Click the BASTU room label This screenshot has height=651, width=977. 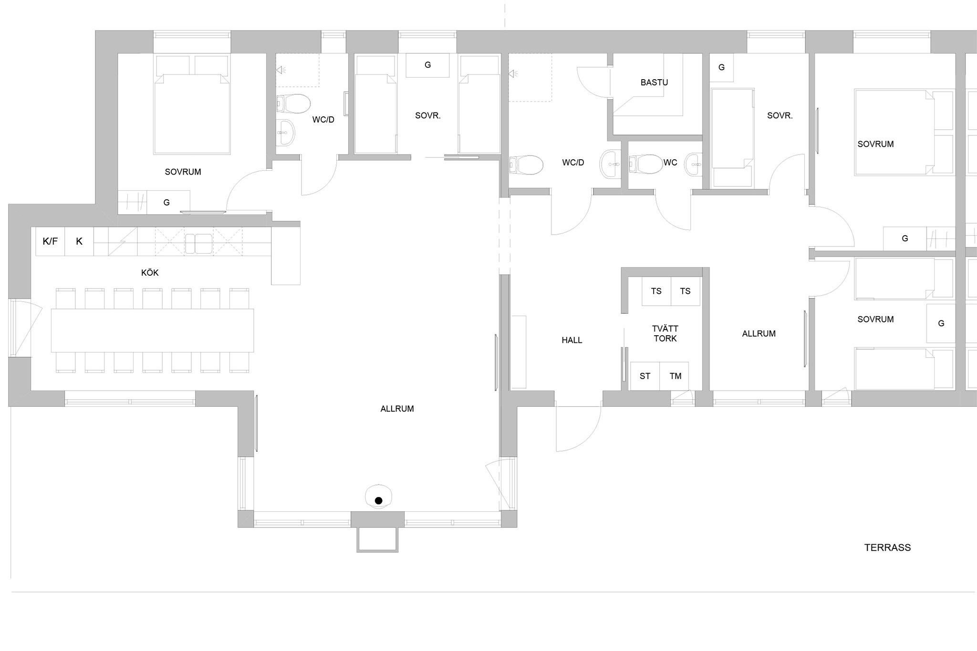pos(654,83)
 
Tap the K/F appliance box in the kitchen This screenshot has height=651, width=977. pos(50,241)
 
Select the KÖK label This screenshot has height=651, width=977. pos(150,273)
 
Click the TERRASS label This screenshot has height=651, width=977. pos(887,548)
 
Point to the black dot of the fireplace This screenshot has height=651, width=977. pos(379,501)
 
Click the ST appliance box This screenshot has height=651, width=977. pos(645,376)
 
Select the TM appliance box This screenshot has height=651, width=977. pos(675,376)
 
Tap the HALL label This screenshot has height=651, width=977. pos(572,340)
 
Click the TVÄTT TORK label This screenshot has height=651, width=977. pos(665,333)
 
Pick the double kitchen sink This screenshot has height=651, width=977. pos(199,244)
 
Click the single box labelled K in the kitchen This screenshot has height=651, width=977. pos(79,241)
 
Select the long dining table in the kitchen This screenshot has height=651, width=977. pos(152,331)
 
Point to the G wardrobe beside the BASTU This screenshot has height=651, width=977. pos(721,68)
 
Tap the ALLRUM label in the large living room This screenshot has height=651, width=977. pos(397,409)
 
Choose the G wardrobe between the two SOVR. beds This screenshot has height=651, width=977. pos(427,65)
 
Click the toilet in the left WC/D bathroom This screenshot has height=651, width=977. pos(293,103)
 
